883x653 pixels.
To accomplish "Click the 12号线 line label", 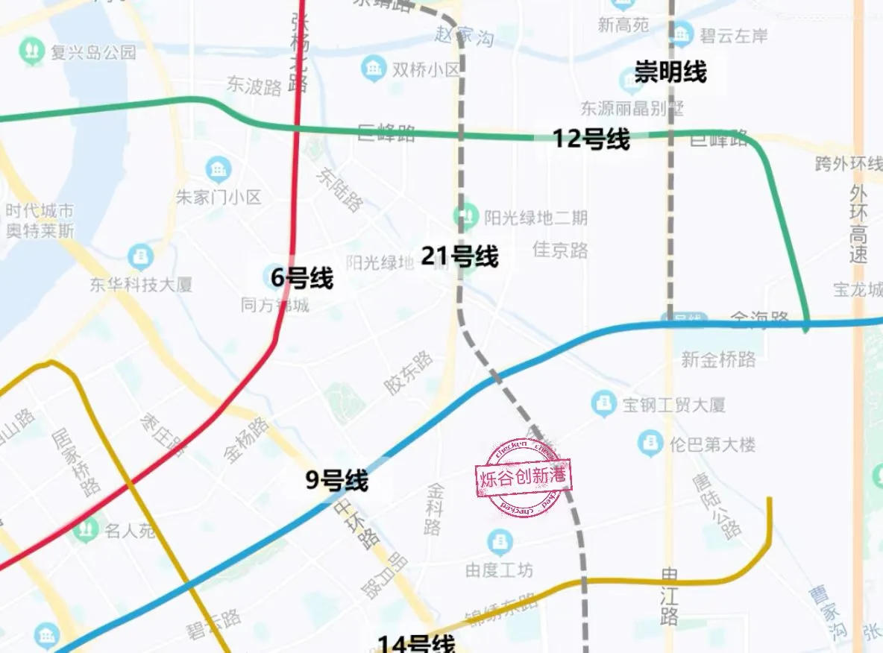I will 591,139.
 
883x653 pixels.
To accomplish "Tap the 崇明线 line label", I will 670,72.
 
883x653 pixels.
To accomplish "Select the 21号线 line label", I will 459,256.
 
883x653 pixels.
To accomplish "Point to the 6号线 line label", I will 301,279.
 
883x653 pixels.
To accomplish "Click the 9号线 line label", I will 337,481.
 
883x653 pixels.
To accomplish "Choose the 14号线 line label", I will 415,643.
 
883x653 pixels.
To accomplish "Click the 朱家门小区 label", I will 219,198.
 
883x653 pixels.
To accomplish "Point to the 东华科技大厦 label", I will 141,284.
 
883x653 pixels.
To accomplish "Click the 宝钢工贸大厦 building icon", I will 603,405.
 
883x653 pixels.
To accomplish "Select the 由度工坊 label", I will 499,570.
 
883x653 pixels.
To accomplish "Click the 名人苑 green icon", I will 87,531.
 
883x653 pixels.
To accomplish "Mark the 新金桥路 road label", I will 718,359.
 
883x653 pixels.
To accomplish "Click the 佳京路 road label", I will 560,249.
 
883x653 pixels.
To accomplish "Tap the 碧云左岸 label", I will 734,35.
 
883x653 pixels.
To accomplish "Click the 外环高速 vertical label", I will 858,224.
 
